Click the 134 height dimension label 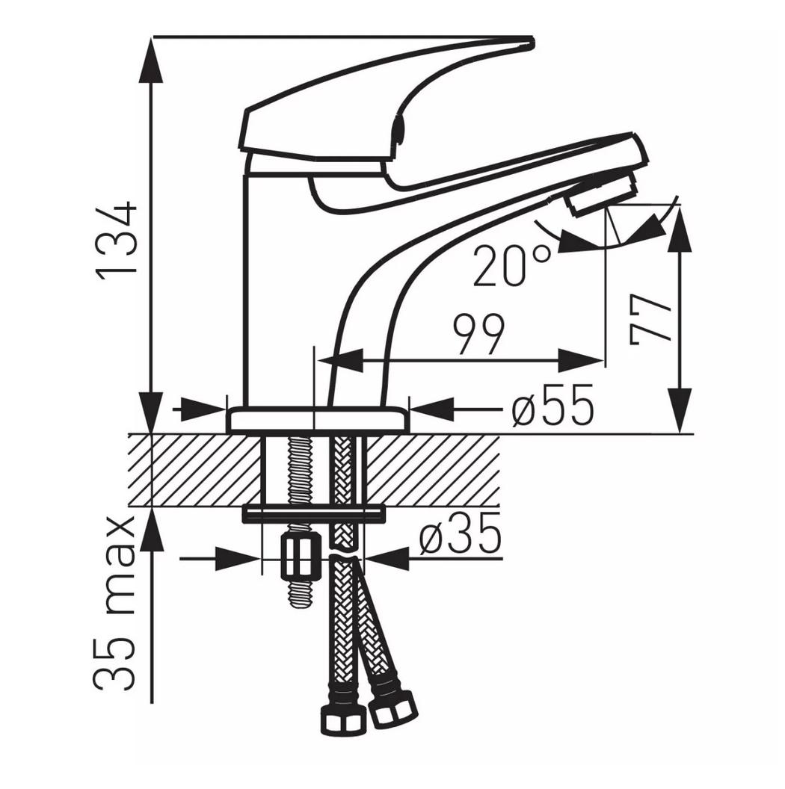click(117, 241)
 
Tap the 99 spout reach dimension click(478, 335)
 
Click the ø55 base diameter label click(552, 406)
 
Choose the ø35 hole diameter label click(461, 533)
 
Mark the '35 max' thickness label click(115, 604)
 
